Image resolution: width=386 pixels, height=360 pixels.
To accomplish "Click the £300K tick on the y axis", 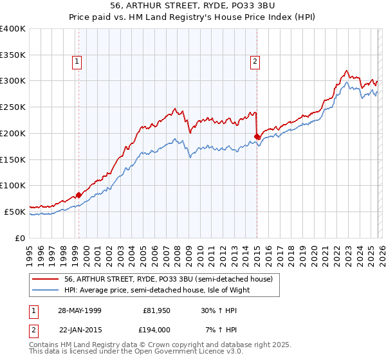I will pyautogui.click(x=13, y=81).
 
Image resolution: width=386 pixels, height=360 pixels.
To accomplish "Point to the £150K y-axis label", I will pyautogui.click(x=13, y=159).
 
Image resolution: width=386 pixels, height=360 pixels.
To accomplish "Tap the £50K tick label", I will pyautogui.click(x=15, y=212).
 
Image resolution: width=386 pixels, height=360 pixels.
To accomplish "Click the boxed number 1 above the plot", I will pyautogui.click(x=77, y=62).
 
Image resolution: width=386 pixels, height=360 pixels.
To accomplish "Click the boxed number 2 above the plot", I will pyautogui.click(x=255, y=62).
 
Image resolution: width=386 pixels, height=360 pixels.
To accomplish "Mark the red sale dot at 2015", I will pyautogui.click(x=257, y=136).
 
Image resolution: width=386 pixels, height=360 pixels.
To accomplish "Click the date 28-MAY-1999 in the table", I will pyautogui.click(x=79, y=310).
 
